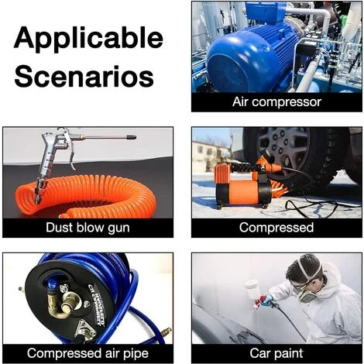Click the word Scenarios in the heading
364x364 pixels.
click(84, 77)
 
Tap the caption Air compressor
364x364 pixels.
click(276, 102)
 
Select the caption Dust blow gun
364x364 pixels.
click(88, 228)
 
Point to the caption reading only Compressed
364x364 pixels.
click(276, 228)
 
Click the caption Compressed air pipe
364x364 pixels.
click(88, 353)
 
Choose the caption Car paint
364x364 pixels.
click(276, 353)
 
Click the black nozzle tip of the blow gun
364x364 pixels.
click(131, 137)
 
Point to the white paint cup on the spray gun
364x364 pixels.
click(252, 289)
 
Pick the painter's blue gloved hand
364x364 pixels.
click(267, 300)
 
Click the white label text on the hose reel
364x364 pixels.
click(96, 304)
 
